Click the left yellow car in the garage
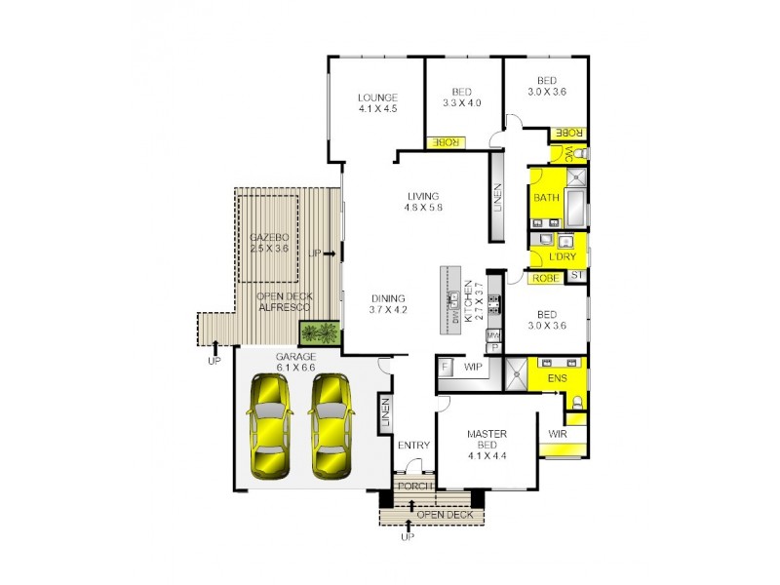click(x=267, y=425)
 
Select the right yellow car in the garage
click(x=331, y=425)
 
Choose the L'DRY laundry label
click(x=562, y=255)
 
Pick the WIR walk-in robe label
click(x=560, y=432)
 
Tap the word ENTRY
click(x=413, y=446)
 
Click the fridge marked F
click(x=446, y=367)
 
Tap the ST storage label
click(x=576, y=277)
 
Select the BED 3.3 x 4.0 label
click(x=462, y=97)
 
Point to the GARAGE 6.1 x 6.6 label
click(x=294, y=362)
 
